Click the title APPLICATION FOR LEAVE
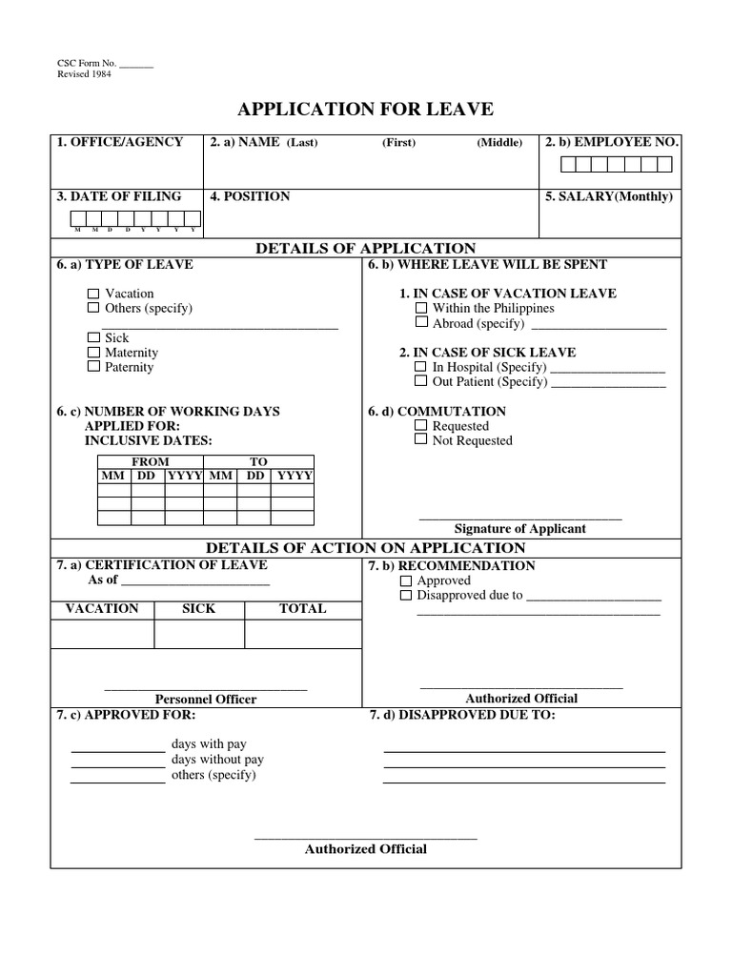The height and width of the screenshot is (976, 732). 366,109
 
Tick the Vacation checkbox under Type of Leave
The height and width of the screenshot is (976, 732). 93,294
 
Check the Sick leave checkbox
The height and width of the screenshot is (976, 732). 93,337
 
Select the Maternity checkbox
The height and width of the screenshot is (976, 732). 93,353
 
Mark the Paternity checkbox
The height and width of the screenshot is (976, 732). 93,367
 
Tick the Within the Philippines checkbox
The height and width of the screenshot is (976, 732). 421,308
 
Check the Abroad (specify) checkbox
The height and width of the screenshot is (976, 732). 421,323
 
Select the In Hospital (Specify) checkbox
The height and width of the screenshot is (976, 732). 421,367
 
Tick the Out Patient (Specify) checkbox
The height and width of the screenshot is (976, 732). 421,381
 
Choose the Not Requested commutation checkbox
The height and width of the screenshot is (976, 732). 421,440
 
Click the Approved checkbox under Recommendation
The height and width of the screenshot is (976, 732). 406,580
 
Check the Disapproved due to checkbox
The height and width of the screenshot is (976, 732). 406,595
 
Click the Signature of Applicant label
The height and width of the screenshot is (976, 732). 519,528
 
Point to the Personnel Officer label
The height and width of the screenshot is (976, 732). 206,699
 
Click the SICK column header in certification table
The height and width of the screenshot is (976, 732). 198,608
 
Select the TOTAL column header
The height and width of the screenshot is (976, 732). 302,608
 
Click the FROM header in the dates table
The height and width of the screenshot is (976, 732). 151,461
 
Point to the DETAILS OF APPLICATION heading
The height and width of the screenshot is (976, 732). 365,249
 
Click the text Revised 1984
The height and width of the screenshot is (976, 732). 85,74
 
